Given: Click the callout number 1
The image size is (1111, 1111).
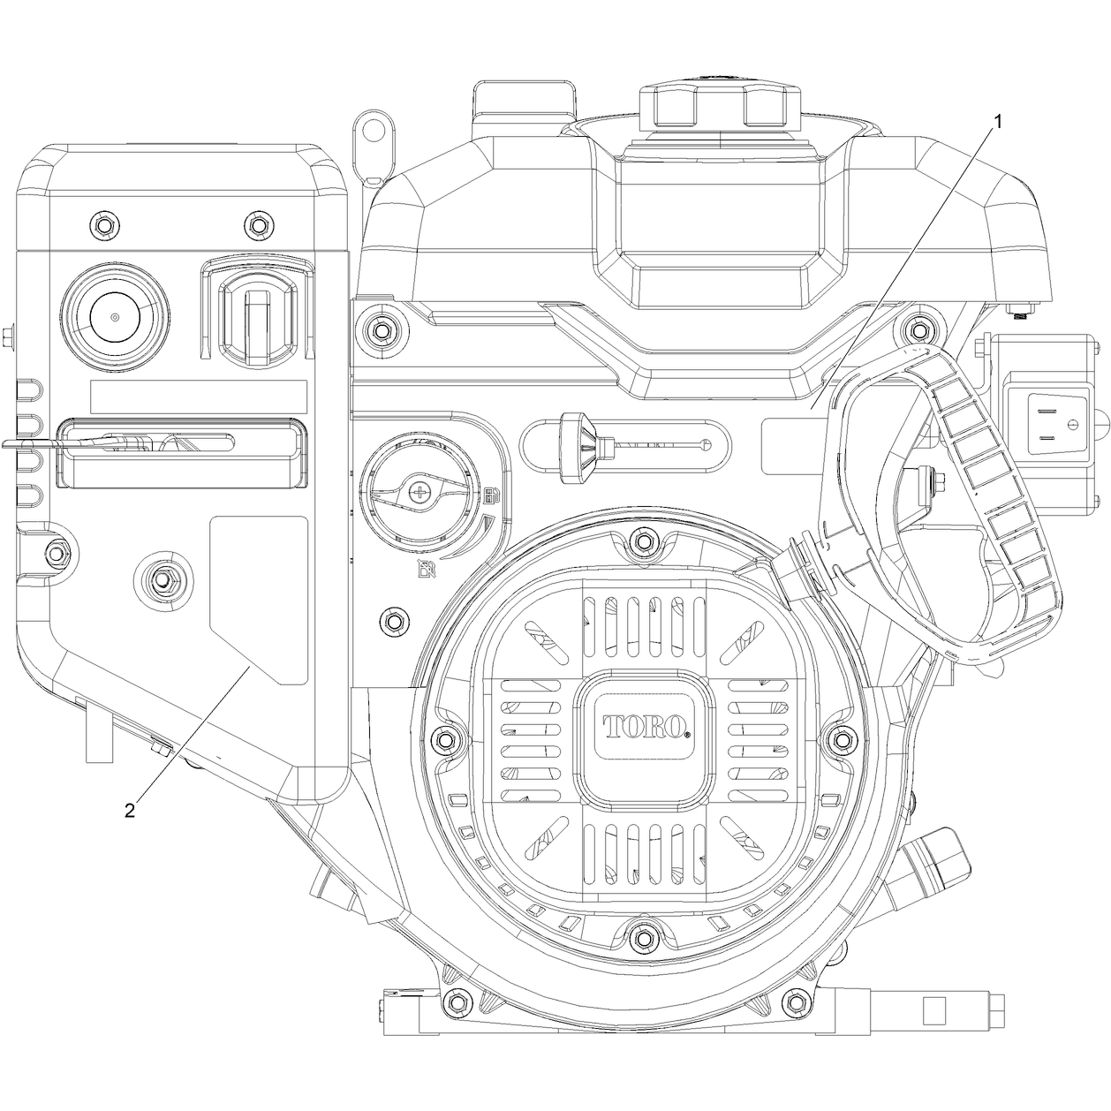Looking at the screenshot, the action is [x=997, y=122].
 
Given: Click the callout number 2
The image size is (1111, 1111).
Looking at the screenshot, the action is [x=130, y=810].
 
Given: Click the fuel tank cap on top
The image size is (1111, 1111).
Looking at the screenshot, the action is [x=721, y=107].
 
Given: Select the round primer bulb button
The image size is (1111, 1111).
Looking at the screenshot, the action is [x=116, y=317].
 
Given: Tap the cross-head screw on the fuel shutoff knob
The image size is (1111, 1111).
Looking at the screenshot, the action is [x=420, y=493].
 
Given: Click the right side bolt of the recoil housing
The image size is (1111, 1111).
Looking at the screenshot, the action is [x=843, y=738].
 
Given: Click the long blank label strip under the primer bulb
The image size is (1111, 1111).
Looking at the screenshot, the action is [x=199, y=397].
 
